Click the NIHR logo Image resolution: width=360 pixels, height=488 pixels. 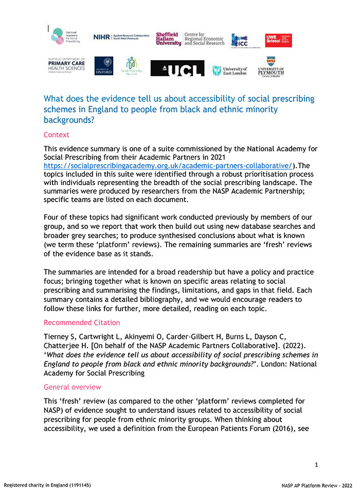(x=121, y=37)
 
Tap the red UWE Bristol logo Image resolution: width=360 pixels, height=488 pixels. (x=278, y=40)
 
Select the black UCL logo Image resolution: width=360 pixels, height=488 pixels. (x=177, y=68)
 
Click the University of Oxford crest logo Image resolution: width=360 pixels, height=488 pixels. (x=104, y=66)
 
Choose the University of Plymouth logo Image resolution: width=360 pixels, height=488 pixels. (x=271, y=66)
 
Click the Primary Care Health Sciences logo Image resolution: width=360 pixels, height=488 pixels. (x=66, y=65)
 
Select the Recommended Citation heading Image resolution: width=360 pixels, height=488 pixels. (x=82, y=322)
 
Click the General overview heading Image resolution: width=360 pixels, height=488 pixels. (x=73, y=387)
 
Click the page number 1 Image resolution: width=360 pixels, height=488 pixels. (x=316, y=465)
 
